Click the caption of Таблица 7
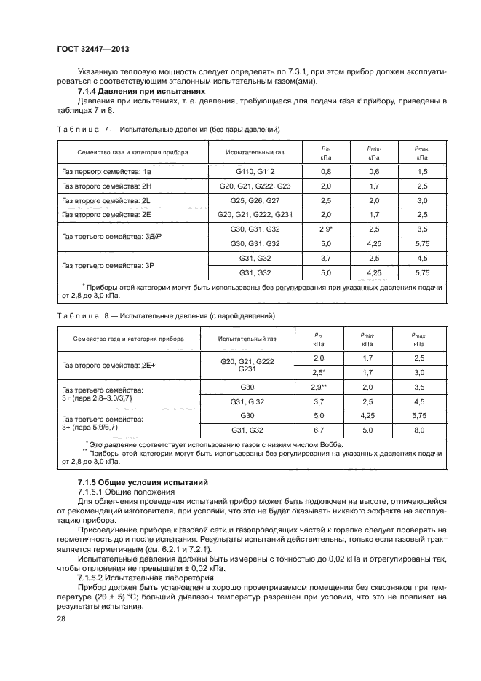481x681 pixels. click(168, 129)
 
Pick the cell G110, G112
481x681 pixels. click(254, 171)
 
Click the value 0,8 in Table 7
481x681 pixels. click(325, 171)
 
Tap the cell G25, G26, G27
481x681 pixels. click(254, 200)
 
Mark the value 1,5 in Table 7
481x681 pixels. click(421, 171)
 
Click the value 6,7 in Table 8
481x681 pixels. click(317, 430)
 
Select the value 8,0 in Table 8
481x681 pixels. click(418, 430)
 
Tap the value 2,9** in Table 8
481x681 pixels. click(317, 387)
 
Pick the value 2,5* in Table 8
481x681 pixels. click(317, 372)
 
